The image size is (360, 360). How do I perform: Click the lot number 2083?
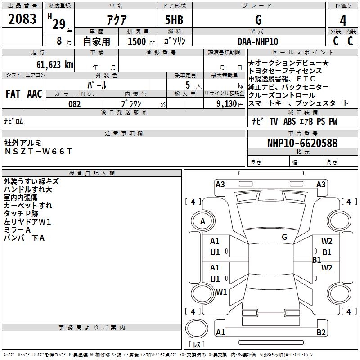tap(22, 18)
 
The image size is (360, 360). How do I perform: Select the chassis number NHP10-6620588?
tap(302, 143)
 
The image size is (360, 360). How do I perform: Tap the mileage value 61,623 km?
tap(55, 64)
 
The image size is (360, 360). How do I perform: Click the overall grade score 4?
tap(343, 20)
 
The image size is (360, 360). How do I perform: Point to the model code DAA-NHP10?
tap(258, 41)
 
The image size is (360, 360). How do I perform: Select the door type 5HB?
tap(174, 20)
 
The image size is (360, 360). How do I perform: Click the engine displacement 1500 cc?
tap(141, 41)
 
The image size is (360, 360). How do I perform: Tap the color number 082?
tap(75, 104)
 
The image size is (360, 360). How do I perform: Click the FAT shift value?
tap(13, 94)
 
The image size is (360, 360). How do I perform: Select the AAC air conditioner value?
tap(35, 94)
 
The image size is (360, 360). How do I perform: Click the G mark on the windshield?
tap(284, 237)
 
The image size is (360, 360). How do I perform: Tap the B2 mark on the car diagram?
tap(321, 332)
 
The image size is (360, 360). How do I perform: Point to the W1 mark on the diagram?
tap(221, 292)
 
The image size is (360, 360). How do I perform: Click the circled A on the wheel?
tap(203, 221)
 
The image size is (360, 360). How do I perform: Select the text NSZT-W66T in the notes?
tap(39, 152)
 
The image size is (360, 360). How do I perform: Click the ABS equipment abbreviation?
tap(289, 121)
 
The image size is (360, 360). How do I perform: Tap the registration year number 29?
tap(59, 24)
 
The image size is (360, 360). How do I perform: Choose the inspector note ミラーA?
tap(17, 230)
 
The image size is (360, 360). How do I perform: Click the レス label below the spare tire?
tap(197, 344)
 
